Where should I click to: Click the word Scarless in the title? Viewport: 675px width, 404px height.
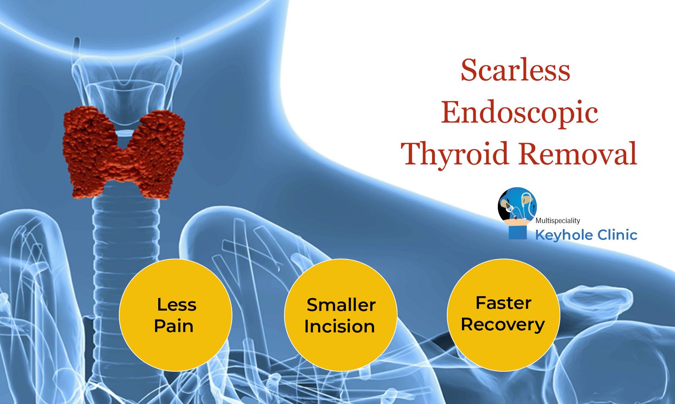[x=515, y=70]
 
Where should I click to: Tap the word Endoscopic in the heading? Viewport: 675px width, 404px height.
[x=519, y=113]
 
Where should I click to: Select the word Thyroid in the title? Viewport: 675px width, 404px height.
[x=454, y=154]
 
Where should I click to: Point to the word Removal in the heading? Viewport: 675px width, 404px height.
[x=578, y=154]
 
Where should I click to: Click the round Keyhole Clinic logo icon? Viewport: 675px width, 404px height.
[x=517, y=205]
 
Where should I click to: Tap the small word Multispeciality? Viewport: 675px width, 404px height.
[x=557, y=221]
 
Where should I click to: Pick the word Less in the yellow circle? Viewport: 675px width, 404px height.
[x=176, y=304]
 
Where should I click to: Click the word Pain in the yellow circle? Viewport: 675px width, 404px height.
[x=173, y=326]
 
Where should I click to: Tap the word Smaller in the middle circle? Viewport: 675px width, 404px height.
[x=341, y=305]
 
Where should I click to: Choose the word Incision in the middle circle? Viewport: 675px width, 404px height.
[x=340, y=326]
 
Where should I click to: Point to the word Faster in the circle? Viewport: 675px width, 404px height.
[x=503, y=303]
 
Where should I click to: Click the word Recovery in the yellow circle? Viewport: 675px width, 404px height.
[x=502, y=324]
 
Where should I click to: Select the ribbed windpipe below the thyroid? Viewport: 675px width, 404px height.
[x=126, y=236]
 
